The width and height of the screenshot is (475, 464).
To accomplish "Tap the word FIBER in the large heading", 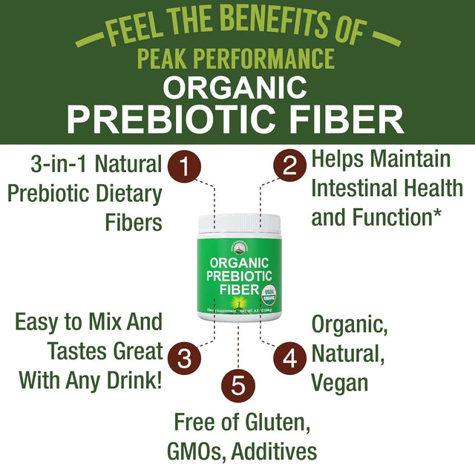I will pos(344,119).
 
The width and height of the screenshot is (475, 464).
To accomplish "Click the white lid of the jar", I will pos(237,220).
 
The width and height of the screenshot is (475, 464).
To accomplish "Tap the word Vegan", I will pos(340,382).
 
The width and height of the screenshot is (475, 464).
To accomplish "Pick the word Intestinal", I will pos(363,188).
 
